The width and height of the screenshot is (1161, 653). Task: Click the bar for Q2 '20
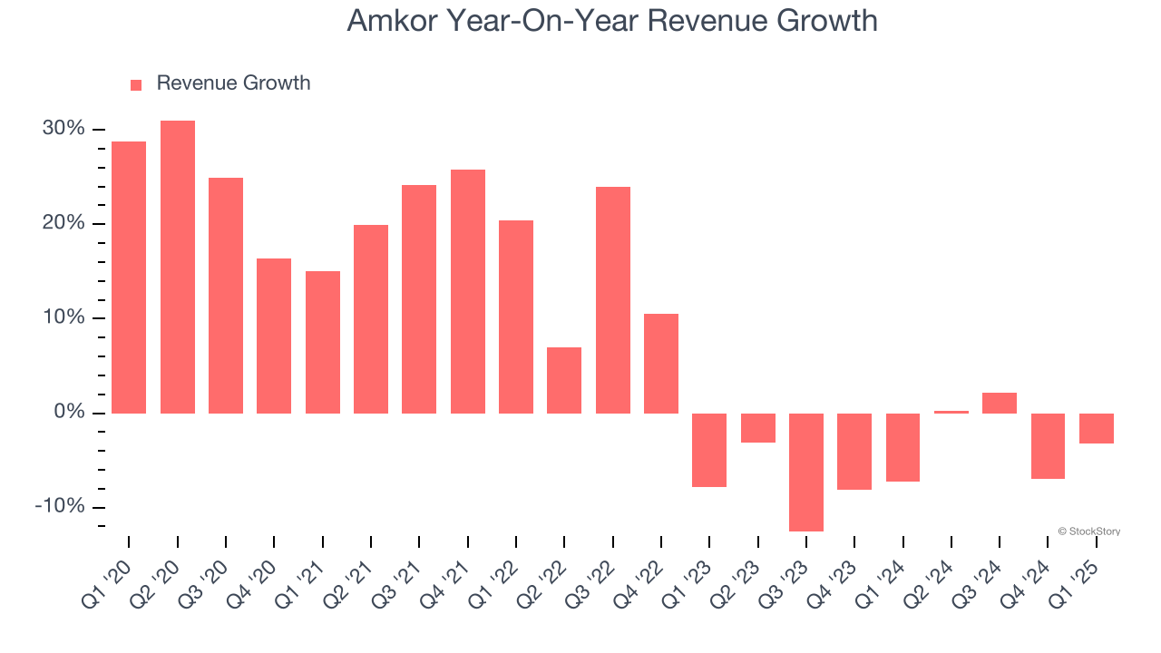pos(178,267)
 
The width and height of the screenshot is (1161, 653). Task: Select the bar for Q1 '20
pos(129,278)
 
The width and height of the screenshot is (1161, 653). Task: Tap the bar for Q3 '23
pos(806,472)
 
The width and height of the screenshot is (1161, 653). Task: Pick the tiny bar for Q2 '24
pos(951,412)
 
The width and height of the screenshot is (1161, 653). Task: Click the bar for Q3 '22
pos(613,300)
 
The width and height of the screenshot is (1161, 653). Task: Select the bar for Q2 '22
pos(564,380)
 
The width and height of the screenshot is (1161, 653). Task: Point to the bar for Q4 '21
pos(468,291)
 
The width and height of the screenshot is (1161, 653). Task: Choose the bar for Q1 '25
pos(1097,428)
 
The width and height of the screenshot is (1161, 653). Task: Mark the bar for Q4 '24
pos(1049,445)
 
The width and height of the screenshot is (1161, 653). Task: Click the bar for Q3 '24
pos(1000,403)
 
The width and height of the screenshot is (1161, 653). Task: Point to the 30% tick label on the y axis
pos(63,129)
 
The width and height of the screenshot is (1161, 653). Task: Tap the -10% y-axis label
pos(60,506)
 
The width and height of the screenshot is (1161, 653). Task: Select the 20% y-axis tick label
pos(63,223)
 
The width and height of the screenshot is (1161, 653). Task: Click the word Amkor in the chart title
pos(390,21)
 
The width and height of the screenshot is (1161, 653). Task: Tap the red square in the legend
pos(136,84)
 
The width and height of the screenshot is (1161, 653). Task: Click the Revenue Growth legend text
pos(233,83)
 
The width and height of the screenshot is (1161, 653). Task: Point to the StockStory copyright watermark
pos(1088,531)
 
